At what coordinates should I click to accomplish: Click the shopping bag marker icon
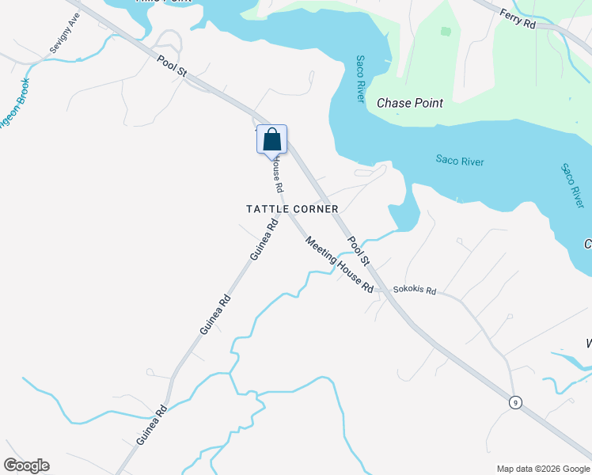pos(271,139)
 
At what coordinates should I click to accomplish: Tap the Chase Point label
pos(409,103)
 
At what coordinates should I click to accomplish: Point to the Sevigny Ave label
pos(65,33)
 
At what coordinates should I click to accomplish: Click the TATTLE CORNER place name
pos(292,209)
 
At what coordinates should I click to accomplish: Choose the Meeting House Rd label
pos(340,266)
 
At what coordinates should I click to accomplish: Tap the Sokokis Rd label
pos(415,291)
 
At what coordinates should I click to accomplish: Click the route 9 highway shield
pos(515,403)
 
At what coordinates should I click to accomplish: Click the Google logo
pos(26,465)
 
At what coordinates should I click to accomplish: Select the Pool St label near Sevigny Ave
pos(171,66)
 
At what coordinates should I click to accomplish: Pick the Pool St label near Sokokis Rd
pos(359,250)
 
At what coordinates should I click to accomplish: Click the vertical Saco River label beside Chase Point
pos(360,78)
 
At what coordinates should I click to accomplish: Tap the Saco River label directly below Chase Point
pos(459,161)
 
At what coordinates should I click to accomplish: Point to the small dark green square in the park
pos(446,32)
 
